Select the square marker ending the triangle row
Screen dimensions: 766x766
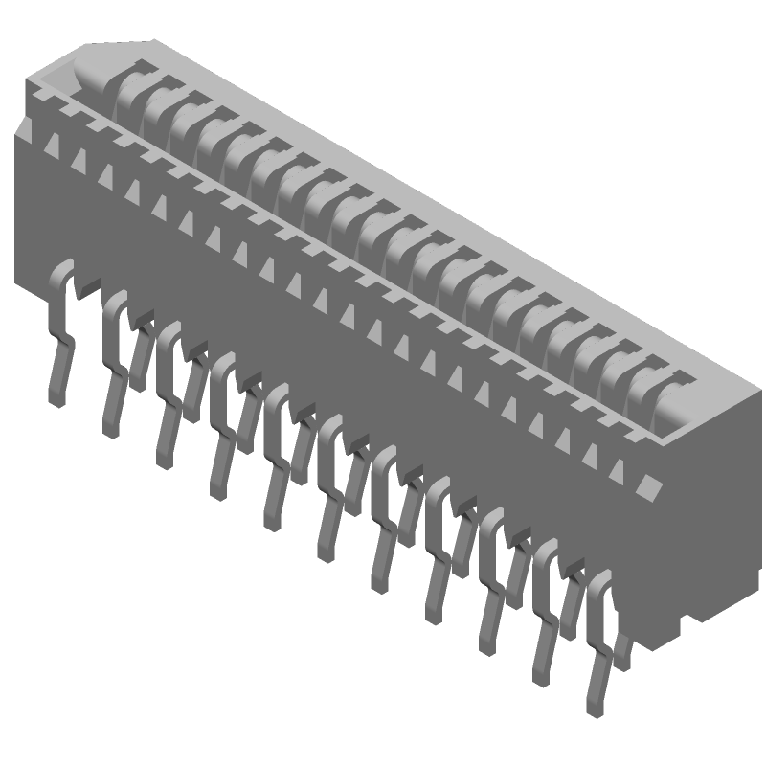(x=651, y=486)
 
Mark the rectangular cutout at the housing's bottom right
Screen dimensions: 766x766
(x=687, y=625)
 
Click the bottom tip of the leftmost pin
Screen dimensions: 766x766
(x=56, y=402)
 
